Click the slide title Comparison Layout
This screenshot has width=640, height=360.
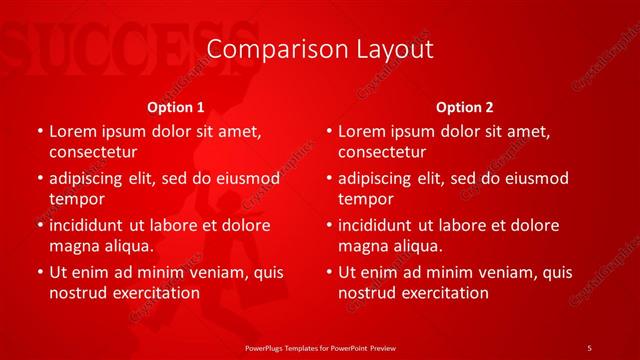point(320,49)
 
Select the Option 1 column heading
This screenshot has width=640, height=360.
point(176,106)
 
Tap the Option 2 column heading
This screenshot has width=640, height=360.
point(465,106)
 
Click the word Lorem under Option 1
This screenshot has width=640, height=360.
point(73,131)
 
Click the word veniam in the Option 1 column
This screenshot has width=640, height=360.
point(218,272)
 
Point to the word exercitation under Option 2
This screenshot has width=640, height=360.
point(442,293)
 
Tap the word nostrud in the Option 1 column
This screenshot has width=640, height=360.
point(78,293)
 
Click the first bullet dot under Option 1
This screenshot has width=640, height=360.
point(38,131)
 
